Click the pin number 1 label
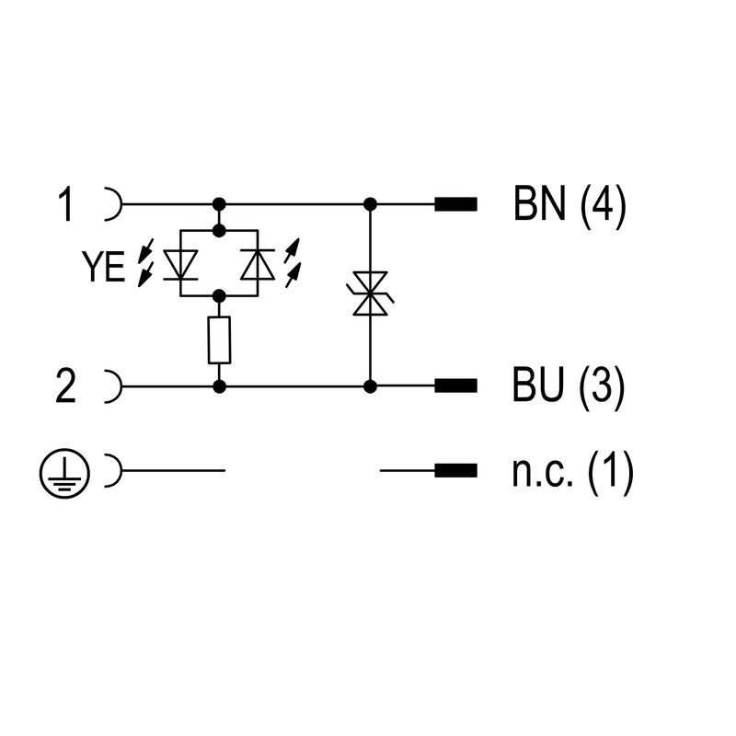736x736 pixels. point(65,204)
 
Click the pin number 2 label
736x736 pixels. point(65,386)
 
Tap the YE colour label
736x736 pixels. point(103,267)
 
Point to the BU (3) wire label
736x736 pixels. point(569,386)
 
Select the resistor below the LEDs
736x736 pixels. point(219,340)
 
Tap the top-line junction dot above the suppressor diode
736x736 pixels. point(370,204)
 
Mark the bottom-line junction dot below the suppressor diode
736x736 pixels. point(370,386)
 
